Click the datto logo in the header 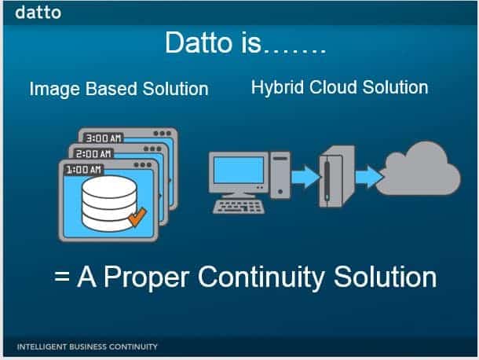click(x=38, y=13)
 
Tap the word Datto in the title click(x=199, y=42)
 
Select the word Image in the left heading click(x=54, y=90)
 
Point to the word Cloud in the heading click(x=333, y=87)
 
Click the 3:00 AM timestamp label click(x=103, y=138)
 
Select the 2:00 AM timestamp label click(x=93, y=153)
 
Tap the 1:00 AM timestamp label click(x=83, y=170)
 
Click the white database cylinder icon click(x=109, y=203)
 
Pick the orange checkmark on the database click(x=137, y=217)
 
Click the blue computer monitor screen click(x=238, y=170)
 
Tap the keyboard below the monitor click(x=239, y=207)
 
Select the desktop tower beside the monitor click(x=280, y=175)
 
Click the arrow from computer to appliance click(x=305, y=177)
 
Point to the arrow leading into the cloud click(x=369, y=177)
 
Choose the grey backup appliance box click(x=337, y=177)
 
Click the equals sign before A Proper click(x=62, y=277)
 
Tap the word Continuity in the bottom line click(x=261, y=277)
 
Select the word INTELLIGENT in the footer click(x=42, y=347)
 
